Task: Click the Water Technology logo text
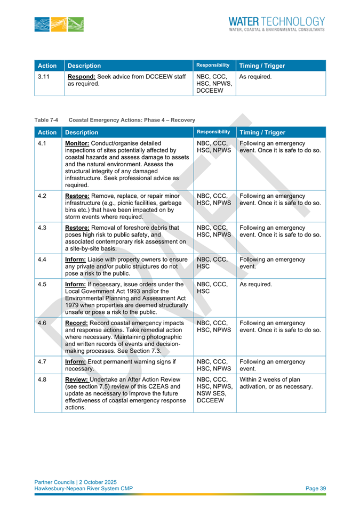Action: pos(276,24)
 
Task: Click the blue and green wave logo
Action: pos(60,24)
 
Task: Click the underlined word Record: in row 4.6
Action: pos(79,323)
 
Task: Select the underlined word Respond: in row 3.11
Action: pos(83,77)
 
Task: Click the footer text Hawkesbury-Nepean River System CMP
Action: pos(83,488)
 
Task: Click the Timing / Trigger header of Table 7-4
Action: pos(262,132)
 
